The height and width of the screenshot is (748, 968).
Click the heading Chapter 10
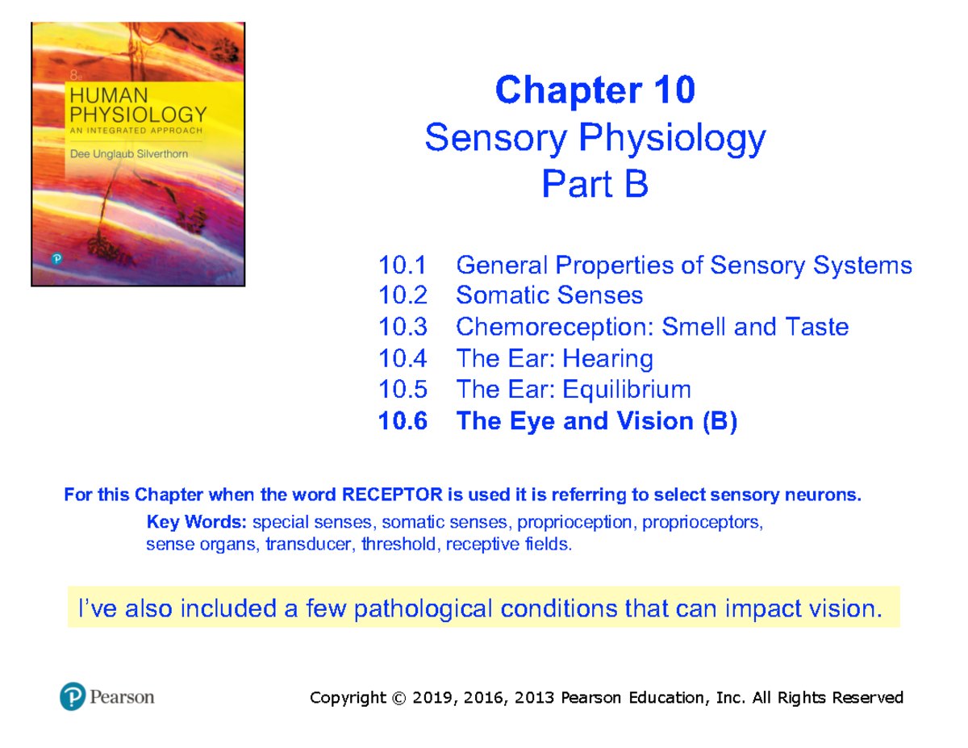(x=595, y=90)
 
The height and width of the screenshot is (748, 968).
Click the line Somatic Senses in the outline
(x=549, y=295)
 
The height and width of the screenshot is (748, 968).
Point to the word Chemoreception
(x=554, y=327)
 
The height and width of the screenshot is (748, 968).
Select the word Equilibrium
(x=626, y=390)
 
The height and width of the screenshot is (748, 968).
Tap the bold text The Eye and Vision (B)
(x=596, y=421)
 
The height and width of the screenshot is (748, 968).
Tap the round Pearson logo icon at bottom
(x=72, y=696)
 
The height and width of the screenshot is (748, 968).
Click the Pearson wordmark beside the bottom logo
(x=121, y=696)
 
